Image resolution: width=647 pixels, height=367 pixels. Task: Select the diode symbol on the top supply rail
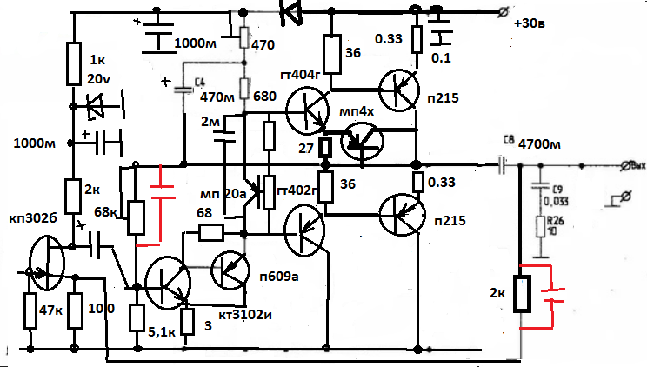tap(293, 11)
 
